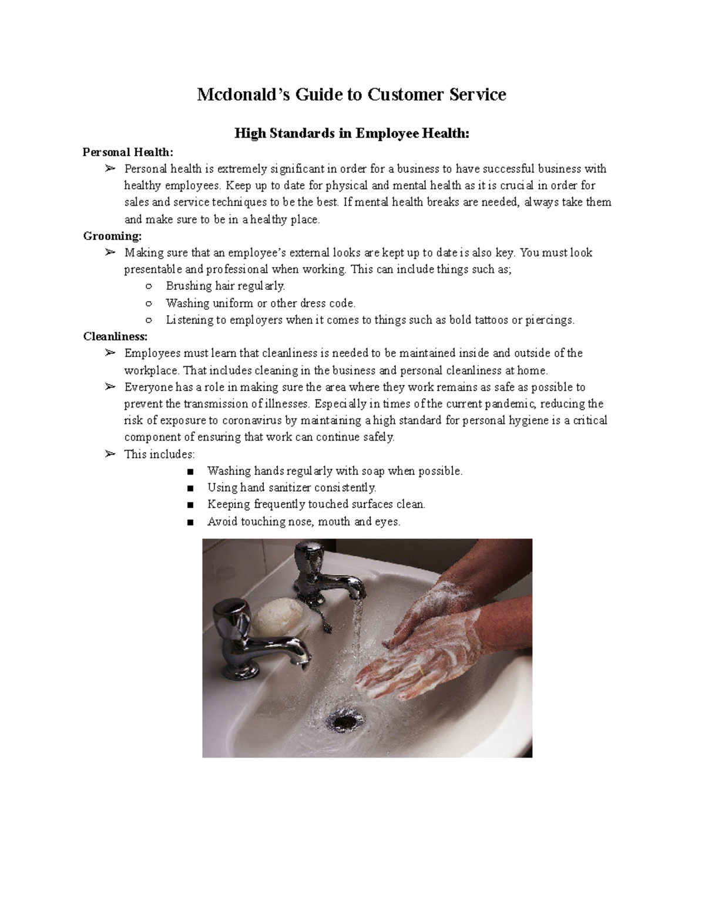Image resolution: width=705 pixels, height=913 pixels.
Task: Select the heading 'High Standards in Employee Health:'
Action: pos(352,133)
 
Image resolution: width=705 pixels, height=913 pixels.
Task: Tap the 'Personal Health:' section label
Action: pos(128,152)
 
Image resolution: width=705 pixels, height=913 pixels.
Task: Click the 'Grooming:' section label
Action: pos(112,236)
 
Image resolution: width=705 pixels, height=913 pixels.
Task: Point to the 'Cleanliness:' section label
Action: pos(115,337)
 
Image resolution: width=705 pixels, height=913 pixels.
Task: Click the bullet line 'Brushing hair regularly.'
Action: pos(225,286)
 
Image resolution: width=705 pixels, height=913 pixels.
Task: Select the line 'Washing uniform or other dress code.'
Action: pos(260,303)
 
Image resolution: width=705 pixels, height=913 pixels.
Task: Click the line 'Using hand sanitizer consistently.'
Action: pos(291,488)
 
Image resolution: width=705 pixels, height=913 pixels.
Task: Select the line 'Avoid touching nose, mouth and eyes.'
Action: pos(303,521)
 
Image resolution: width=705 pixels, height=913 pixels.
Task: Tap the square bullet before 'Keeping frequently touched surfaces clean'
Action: pos(189,505)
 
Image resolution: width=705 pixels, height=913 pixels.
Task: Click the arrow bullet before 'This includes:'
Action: pos(109,454)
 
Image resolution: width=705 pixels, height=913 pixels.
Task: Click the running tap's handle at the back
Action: pos(309,556)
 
